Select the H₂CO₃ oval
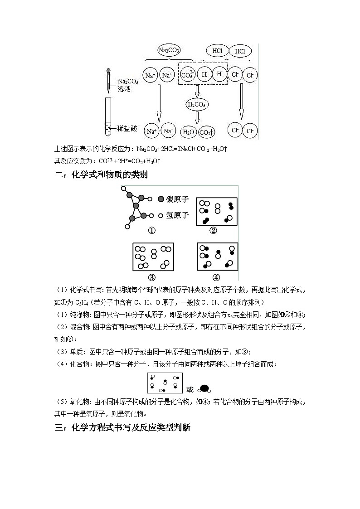click(x=197, y=105)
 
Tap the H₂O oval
click(x=188, y=132)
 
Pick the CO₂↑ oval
click(x=206, y=132)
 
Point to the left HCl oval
click(x=217, y=51)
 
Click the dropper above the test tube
click(x=108, y=80)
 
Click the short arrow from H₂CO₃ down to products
click(x=197, y=117)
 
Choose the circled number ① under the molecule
click(x=151, y=230)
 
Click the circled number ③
click(x=151, y=277)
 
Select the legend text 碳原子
click(x=177, y=199)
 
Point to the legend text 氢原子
click(x=177, y=215)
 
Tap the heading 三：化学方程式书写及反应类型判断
click(x=122, y=428)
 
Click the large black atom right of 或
click(x=204, y=388)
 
